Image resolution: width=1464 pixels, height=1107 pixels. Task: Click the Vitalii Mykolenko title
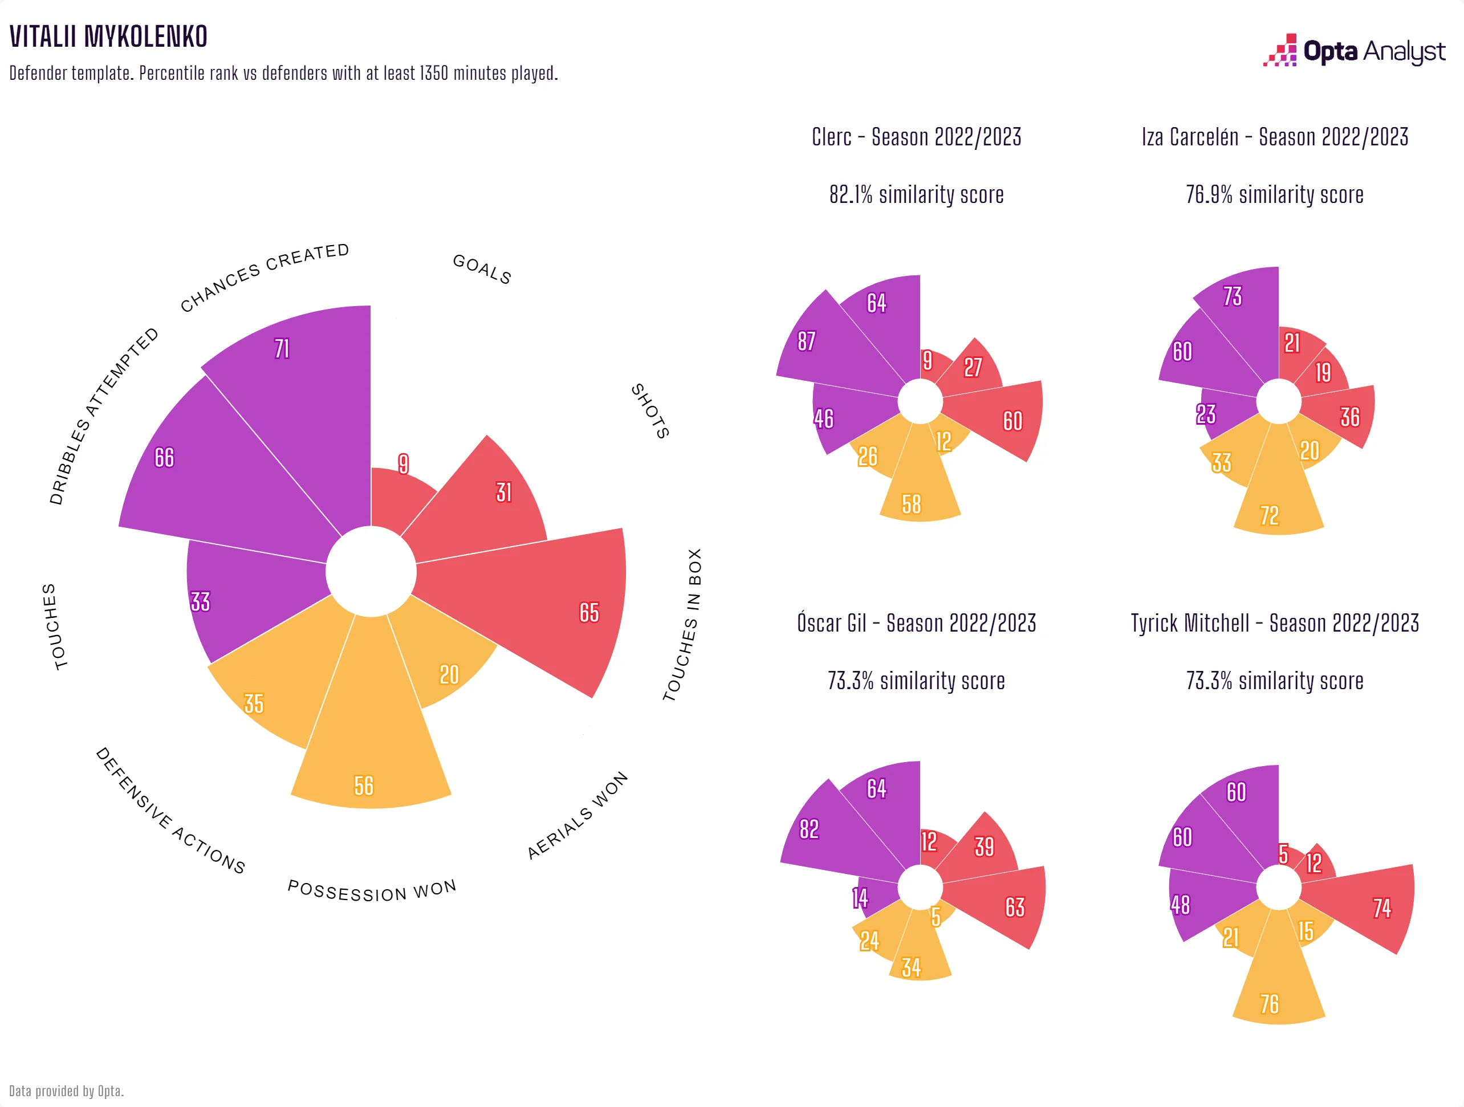(x=108, y=37)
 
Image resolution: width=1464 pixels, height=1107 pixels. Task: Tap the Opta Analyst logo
(x=1354, y=51)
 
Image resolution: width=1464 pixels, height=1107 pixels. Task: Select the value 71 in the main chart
(x=282, y=349)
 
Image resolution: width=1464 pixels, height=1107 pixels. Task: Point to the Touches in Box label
(x=682, y=625)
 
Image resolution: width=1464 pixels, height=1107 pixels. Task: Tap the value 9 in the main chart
(x=403, y=464)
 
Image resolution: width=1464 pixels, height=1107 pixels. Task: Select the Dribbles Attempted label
(x=104, y=416)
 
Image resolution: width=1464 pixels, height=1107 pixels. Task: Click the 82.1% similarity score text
(x=917, y=194)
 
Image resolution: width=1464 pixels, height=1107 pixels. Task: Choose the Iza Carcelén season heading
(x=1275, y=137)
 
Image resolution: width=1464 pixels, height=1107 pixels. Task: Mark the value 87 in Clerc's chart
(x=806, y=341)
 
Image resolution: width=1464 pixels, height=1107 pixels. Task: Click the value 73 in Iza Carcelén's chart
(x=1233, y=296)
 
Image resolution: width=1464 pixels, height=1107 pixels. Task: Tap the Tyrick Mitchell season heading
(x=1275, y=623)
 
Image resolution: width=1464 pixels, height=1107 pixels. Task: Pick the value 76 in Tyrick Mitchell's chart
(x=1270, y=1004)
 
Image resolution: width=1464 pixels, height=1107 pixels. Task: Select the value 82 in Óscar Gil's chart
(x=810, y=829)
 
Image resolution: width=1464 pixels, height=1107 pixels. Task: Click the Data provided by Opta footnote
(x=66, y=1091)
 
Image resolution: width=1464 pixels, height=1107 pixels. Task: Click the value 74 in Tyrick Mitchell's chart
(x=1382, y=908)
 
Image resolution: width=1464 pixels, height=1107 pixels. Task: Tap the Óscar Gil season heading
(x=917, y=623)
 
